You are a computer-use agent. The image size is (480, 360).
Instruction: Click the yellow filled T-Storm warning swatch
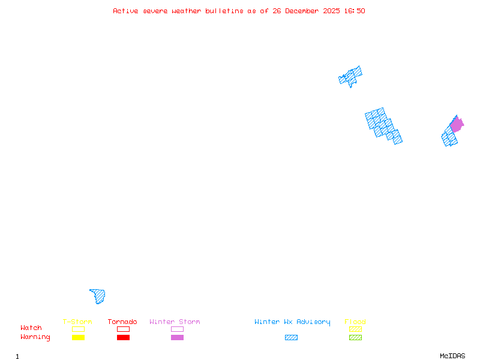pos(78,337)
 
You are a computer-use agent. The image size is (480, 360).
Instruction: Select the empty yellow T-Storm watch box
pos(78,329)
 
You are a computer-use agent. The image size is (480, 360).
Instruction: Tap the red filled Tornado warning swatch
pos(123,337)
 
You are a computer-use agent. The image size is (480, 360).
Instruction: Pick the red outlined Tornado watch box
pos(123,329)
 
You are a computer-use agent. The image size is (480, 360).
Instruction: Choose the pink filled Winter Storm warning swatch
pos(177,337)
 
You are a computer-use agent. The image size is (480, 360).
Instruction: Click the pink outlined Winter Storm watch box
pos(177,329)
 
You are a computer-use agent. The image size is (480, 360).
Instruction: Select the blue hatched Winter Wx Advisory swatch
pos(291,337)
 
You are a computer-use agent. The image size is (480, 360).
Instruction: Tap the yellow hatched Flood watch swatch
pos(355,329)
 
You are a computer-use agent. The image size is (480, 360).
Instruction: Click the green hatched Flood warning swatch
pos(355,337)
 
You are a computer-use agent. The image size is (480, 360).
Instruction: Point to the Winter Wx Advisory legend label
pos(292,322)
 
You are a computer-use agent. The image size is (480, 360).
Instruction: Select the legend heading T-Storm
pos(77,322)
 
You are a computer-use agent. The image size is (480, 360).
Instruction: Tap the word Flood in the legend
pos(355,322)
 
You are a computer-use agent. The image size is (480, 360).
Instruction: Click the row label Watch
pos(31,328)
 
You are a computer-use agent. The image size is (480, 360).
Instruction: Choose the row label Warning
pos(35,337)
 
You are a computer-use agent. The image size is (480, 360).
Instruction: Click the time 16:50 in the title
pos(354,11)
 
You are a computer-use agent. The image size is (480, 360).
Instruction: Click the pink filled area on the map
pos(457,125)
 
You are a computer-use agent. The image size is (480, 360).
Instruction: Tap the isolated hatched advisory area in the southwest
pos(98,296)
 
